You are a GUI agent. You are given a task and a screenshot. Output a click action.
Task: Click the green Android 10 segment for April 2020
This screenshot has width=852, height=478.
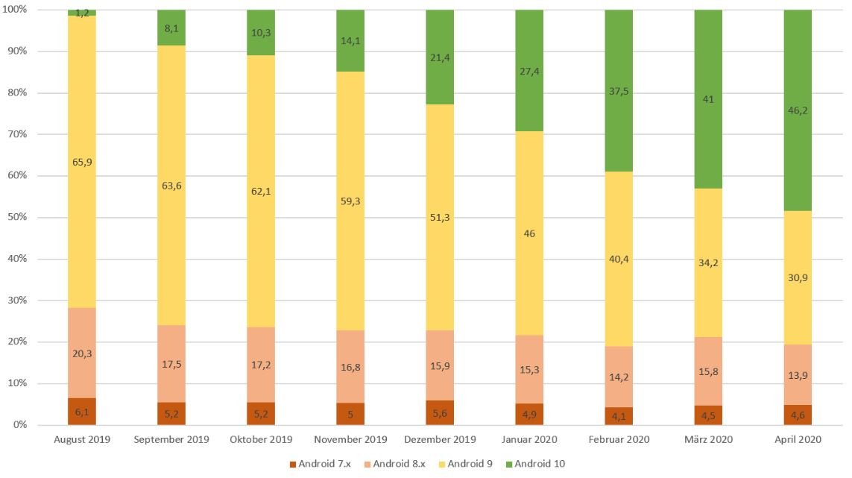pos(797,112)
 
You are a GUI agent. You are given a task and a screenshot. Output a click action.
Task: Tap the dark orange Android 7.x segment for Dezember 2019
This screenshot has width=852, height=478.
pos(440,412)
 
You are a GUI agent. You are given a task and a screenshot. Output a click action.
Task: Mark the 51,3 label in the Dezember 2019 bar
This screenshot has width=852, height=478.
pos(440,217)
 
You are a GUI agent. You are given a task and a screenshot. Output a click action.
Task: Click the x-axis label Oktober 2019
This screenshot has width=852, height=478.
pos(261,439)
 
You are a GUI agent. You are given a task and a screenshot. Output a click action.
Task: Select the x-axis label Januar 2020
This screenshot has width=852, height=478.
pos(529,439)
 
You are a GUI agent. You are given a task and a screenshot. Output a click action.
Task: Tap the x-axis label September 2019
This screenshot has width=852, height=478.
pos(171,439)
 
